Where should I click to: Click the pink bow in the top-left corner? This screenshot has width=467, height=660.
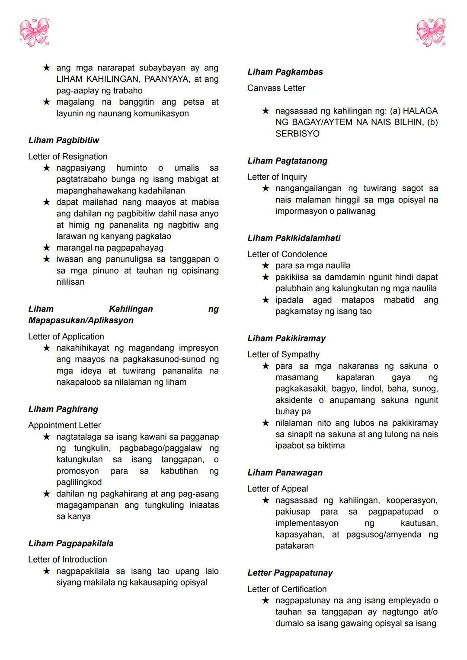(35, 32)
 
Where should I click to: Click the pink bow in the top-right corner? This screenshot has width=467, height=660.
(431, 32)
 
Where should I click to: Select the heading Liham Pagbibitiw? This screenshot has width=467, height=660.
(64, 140)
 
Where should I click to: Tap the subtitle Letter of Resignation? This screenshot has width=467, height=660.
(67, 157)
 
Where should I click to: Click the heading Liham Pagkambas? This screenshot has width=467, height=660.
(285, 72)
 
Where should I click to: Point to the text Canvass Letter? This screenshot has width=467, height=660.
(276, 88)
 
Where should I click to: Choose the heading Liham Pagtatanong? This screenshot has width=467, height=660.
(287, 161)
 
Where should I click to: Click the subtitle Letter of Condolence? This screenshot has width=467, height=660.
(287, 254)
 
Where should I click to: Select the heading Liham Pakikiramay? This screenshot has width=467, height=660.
(286, 338)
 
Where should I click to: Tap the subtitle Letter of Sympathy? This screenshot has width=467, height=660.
(283, 354)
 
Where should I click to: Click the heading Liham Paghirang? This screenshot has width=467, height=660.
(63, 409)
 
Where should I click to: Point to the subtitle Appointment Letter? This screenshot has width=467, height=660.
(64, 425)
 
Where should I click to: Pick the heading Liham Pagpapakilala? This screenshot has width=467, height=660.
(70, 544)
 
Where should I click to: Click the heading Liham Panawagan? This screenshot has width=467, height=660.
(285, 473)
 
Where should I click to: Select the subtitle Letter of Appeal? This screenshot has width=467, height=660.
(277, 489)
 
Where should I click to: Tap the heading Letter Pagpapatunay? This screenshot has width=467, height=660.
(290, 573)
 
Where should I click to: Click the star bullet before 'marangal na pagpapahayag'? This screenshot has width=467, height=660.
(47, 248)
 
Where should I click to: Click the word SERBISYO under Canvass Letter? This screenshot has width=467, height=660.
(297, 134)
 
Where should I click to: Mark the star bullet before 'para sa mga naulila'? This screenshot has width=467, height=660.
(266, 265)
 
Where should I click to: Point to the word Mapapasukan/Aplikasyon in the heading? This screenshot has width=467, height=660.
(81, 321)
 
